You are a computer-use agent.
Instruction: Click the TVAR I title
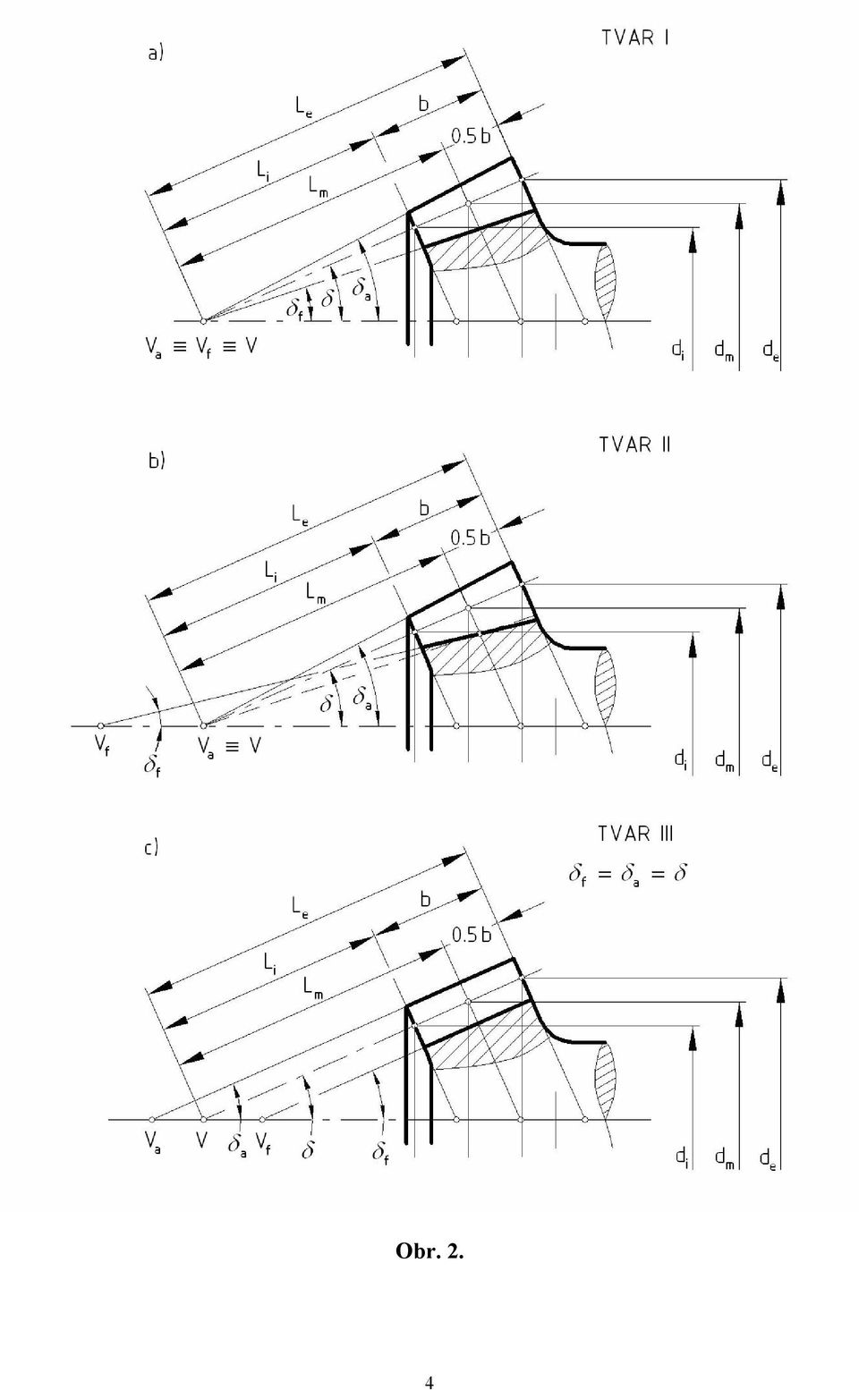pos(635,38)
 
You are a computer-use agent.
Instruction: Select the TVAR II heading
pos(635,445)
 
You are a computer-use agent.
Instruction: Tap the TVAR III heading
pos(635,834)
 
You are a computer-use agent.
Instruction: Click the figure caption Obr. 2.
pos(429,1251)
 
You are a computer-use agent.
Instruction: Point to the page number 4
pos(429,1382)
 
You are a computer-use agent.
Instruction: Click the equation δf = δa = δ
pos(628,875)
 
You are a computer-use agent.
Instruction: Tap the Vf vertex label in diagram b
pos(102,747)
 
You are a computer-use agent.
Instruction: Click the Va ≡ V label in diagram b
pos(229,747)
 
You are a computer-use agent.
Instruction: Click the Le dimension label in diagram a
pos(303,107)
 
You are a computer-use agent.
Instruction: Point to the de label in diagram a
pos(771,352)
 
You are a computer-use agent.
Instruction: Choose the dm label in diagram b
pos(724,759)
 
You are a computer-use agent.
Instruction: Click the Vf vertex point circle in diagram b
pos(100,725)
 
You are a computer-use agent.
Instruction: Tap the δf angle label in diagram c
pos(380,1153)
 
